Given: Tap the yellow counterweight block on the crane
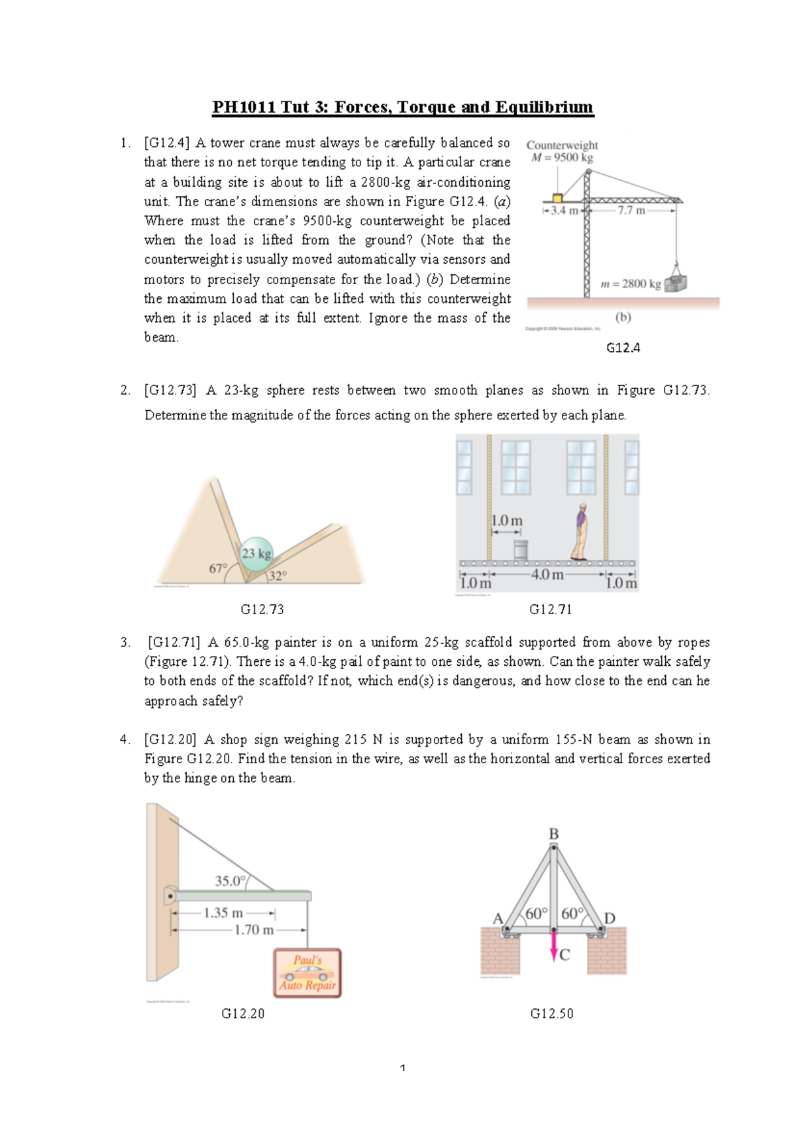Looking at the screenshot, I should [557, 198].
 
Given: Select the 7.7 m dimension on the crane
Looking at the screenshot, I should [631, 211].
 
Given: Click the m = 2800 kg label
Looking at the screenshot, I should [630, 284].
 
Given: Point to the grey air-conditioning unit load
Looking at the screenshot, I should [676, 283].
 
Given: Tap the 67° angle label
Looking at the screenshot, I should [218, 568].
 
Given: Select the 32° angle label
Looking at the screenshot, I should [277, 576].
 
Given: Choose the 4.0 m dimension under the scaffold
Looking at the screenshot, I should [547, 574].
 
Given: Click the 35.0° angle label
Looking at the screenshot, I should [230, 881].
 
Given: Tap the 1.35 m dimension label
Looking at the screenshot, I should [223, 913].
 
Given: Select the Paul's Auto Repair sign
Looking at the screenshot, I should [307, 973].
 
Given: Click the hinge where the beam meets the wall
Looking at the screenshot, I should [170, 896].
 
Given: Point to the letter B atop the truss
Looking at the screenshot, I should [554, 834].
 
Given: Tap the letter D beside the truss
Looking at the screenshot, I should [609, 918].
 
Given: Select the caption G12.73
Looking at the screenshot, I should [262, 610].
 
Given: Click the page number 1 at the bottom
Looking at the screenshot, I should [403, 1067].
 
